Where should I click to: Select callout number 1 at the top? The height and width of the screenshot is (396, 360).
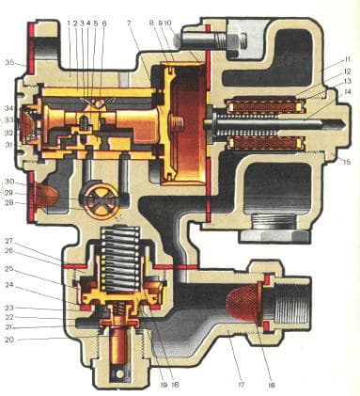point(70,23)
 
